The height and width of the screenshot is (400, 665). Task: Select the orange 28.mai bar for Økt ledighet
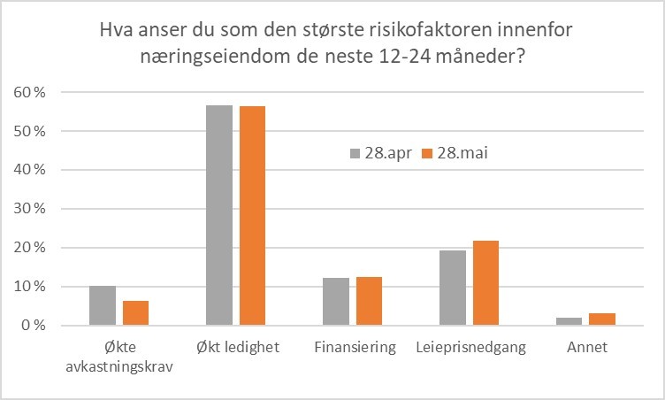pyautogui.click(x=252, y=216)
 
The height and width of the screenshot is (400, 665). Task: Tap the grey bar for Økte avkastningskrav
pyautogui.click(x=103, y=305)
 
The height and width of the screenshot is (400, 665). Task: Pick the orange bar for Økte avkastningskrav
pyautogui.click(x=135, y=313)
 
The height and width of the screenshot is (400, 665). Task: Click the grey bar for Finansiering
pyautogui.click(x=336, y=302)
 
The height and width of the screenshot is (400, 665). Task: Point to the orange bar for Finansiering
pyautogui.click(x=369, y=301)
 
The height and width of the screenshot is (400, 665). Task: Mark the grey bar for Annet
pyautogui.click(x=569, y=321)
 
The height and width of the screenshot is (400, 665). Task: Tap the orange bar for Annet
pyautogui.click(x=602, y=319)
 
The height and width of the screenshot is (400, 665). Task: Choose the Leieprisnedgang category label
pyautogui.click(x=470, y=348)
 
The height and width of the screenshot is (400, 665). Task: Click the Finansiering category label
pyautogui.click(x=354, y=348)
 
